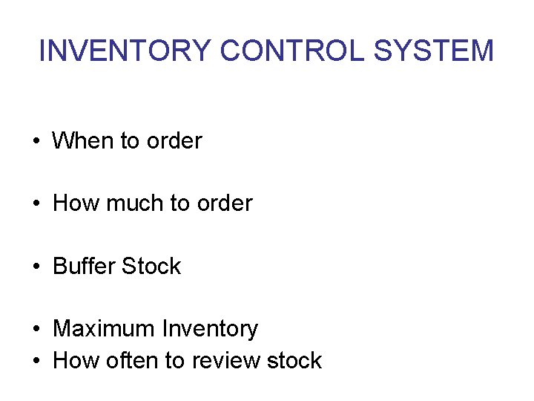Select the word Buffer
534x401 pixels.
84,266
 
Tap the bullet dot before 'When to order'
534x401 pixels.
36,141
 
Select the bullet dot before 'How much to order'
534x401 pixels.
36,203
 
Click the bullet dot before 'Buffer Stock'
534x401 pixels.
36,267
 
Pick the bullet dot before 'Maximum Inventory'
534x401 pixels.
36,329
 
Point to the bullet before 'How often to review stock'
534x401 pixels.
36,361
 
